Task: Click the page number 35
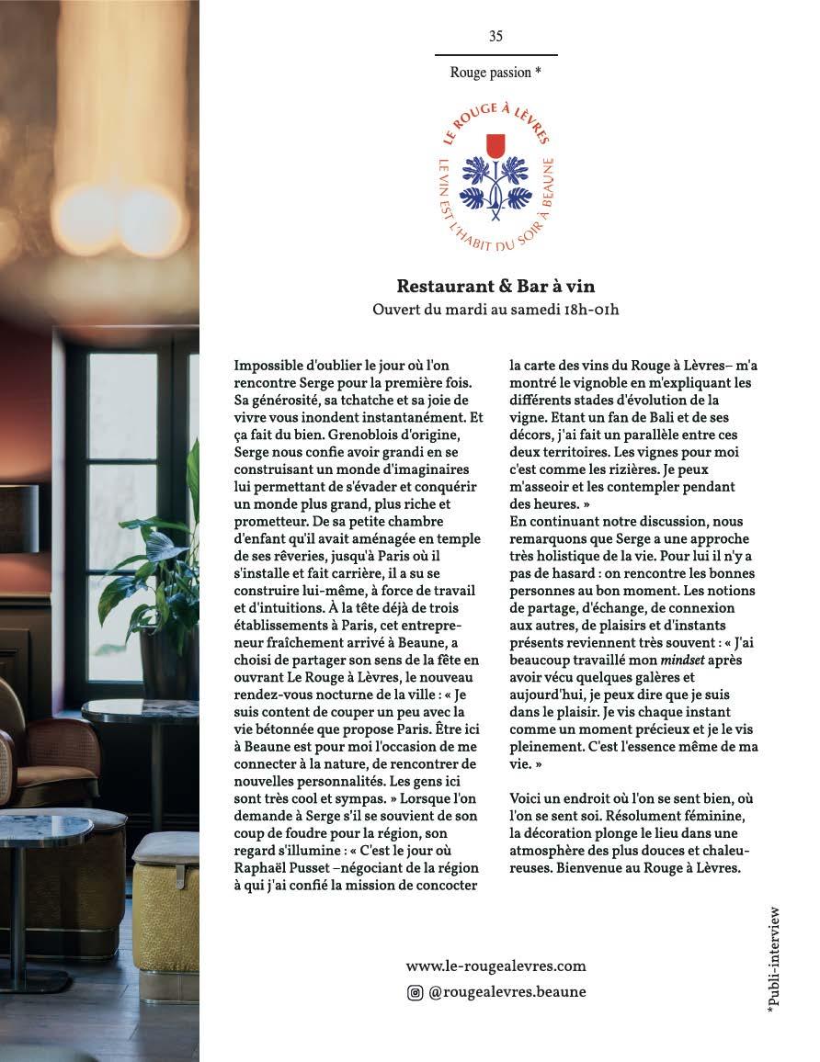[x=495, y=37]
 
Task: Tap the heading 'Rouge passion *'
[x=495, y=72]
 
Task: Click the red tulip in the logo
[x=495, y=145]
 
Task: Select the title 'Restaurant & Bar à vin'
[x=495, y=287]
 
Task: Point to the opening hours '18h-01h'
[x=587, y=310]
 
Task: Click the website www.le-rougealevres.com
[x=495, y=966]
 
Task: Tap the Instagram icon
[x=416, y=992]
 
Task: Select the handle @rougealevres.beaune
[x=507, y=992]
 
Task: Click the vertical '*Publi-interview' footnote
[x=773, y=959]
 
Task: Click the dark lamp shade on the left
[x=18, y=518]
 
